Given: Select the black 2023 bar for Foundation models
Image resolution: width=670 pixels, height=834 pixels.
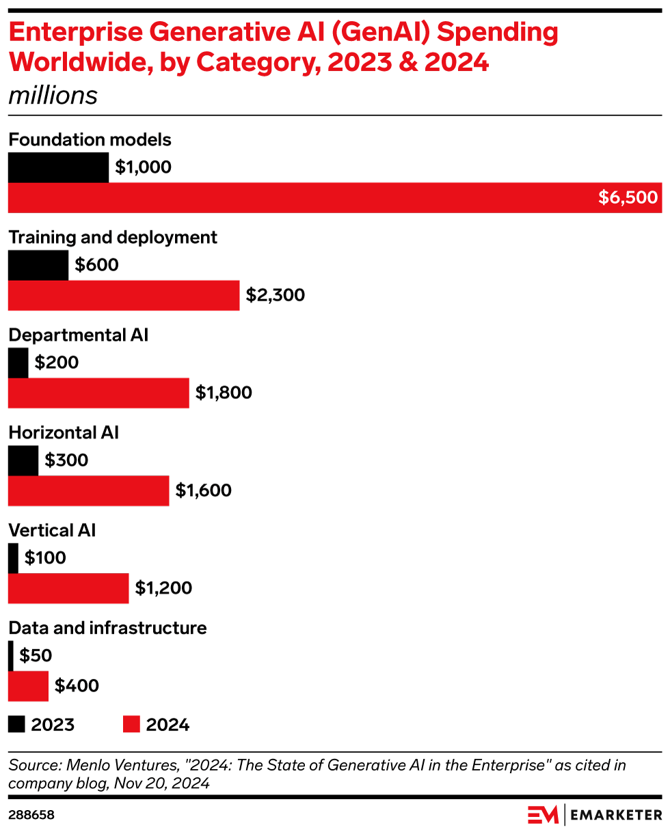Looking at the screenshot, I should click(58, 168).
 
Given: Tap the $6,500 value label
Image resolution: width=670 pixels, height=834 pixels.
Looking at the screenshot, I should click(628, 198).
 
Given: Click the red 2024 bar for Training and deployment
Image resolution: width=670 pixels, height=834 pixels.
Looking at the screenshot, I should click(124, 295).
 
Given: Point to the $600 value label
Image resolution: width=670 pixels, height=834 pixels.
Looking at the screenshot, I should click(96, 265).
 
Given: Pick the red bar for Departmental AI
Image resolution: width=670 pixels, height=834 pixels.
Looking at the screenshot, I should click(98, 393).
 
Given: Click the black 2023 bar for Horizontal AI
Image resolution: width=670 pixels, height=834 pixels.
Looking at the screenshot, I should click(23, 460).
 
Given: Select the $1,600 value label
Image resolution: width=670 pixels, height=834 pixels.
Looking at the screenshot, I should click(204, 490).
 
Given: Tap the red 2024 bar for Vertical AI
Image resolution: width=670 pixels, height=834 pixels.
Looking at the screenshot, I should click(68, 588).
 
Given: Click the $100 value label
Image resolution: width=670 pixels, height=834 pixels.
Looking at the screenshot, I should click(45, 558).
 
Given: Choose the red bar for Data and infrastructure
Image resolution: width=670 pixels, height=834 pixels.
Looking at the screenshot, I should click(28, 686).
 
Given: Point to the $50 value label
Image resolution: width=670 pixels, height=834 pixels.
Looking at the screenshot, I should click(36, 656).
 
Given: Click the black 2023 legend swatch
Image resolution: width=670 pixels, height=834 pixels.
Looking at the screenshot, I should click(16, 724).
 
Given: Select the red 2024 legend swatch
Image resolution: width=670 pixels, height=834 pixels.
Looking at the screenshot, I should click(131, 724).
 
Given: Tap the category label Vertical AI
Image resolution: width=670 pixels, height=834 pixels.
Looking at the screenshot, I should click(52, 531).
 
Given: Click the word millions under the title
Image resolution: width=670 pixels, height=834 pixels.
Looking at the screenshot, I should click(53, 96).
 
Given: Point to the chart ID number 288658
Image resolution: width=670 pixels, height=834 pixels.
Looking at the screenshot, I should click(31, 816).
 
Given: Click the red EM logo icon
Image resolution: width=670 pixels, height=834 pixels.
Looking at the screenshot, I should click(544, 815).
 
